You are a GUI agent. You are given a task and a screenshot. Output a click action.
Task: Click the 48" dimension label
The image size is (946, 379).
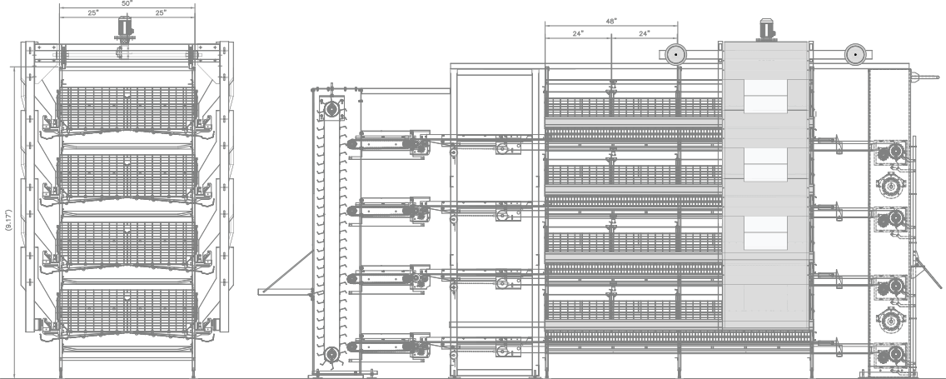610,21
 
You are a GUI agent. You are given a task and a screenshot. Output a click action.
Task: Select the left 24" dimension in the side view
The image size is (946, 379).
578,33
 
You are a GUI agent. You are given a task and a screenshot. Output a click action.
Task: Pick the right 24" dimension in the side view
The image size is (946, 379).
643,33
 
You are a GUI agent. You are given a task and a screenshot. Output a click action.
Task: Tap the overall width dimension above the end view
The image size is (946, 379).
127,4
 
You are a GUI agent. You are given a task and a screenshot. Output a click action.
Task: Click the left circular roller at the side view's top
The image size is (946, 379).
675,55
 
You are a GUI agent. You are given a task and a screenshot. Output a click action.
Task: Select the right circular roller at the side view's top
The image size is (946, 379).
854,55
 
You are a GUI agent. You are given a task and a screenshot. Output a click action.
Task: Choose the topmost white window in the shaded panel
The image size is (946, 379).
764,97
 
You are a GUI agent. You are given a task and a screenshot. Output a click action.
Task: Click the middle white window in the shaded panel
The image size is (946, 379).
764,163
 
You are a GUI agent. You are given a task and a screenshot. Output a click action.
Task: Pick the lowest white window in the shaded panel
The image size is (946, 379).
764,232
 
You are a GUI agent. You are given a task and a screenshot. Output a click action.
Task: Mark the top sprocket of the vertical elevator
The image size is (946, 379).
331,109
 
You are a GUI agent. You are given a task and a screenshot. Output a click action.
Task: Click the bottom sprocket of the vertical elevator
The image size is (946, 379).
331,356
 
